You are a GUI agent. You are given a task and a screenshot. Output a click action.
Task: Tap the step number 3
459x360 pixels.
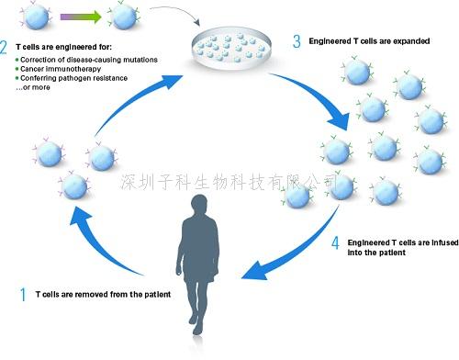pyautogui.click(x=295, y=40)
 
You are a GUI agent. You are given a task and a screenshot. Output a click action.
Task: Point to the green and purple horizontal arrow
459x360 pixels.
pyautogui.click(x=79, y=16)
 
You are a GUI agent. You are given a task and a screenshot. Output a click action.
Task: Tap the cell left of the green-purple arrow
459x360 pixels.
pyautogui.click(x=28, y=16)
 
